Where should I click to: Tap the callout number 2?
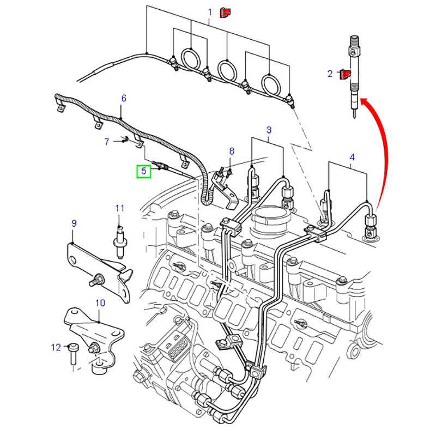pyautogui.click(x=330, y=74)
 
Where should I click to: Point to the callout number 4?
pyautogui.click(x=352, y=158)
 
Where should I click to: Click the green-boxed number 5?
pyautogui.click(x=144, y=171)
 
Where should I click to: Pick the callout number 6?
pyautogui.click(x=124, y=98)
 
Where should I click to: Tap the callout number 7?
pyautogui.click(x=107, y=142)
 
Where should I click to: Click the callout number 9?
pyautogui.click(x=74, y=223)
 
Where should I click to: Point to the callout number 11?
pyautogui.click(x=120, y=208)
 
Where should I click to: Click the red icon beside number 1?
pyautogui.click(x=224, y=11)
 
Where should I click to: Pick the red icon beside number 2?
pyautogui.click(x=344, y=74)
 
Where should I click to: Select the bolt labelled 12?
pyautogui.click(x=73, y=354)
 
